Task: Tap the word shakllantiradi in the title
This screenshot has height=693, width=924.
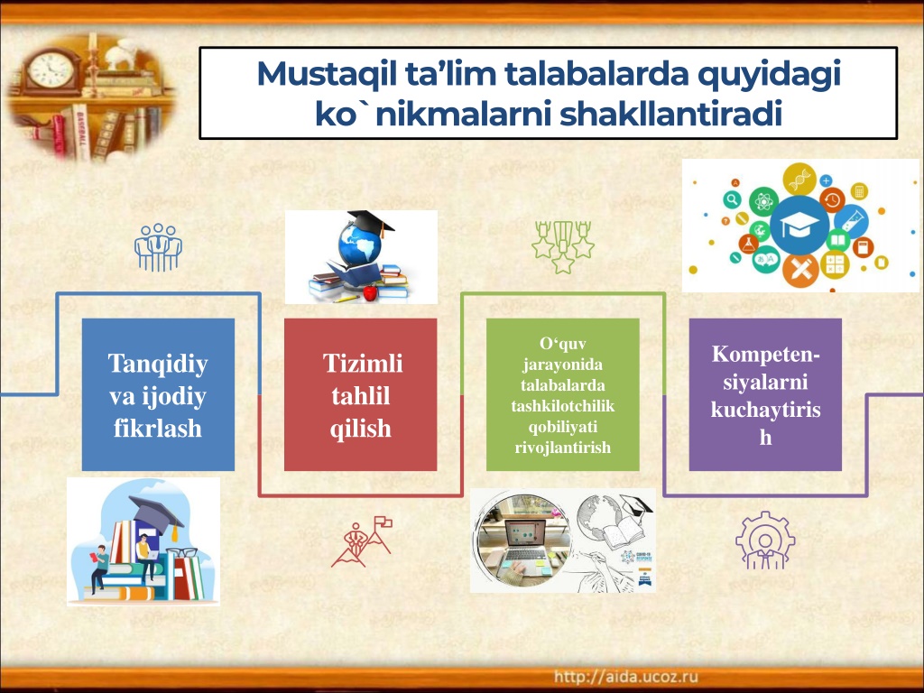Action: (670, 114)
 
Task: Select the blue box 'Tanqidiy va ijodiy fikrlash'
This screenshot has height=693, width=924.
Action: (158, 394)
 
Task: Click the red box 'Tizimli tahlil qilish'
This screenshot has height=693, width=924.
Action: (361, 394)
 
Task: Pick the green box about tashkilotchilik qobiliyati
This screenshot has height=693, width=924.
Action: (563, 394)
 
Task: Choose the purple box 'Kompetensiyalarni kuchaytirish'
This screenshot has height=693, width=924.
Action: (765, 394)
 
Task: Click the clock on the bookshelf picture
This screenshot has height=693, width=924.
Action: (51, 70)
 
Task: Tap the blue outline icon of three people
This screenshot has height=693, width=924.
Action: (158, 247)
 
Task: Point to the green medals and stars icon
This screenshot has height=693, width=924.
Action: (563, 247)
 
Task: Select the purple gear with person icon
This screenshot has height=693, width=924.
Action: (765, 541)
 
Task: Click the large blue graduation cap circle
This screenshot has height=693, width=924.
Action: (799, 226)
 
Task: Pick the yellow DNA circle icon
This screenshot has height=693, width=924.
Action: (799, 180)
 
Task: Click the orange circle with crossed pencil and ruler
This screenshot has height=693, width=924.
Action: (800, 271)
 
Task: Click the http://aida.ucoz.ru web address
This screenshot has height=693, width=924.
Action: (626, 677)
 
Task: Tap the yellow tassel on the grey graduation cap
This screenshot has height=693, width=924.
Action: (174, 532)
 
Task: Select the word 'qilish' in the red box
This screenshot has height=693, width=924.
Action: (361, 429)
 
